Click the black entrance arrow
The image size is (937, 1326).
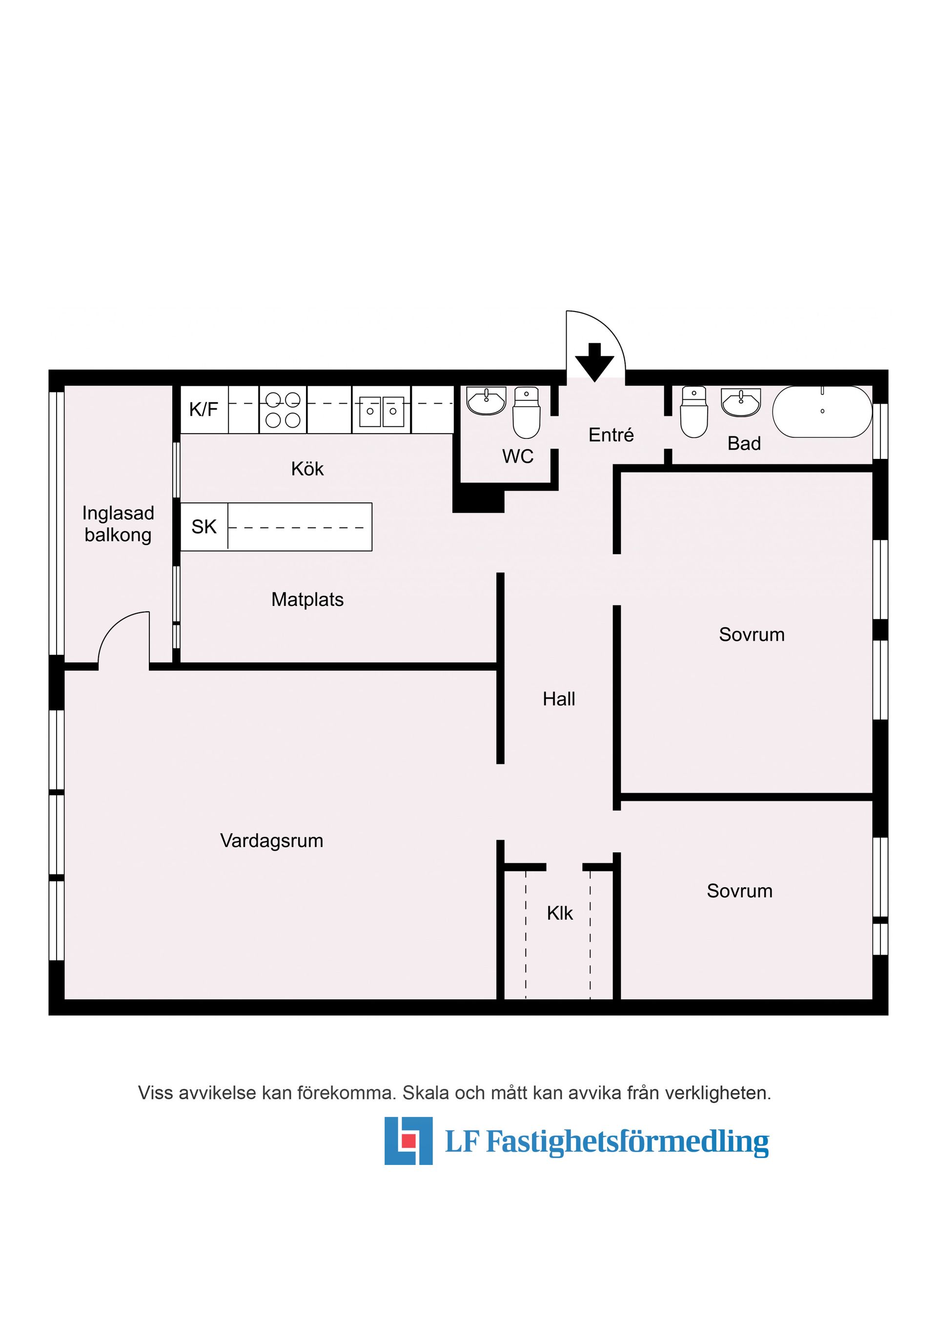[x=594, y=363]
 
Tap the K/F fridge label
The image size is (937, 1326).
[x=204, y=410]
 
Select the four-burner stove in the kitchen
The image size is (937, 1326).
[x=283, y=410]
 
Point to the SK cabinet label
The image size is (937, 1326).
[x=204, y=527]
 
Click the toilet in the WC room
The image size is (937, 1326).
[x=526, y=413]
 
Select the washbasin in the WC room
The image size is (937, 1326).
[x=487, y=400]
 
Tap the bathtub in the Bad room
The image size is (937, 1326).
[x=822, y=411]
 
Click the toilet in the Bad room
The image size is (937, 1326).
[x=694, y=412]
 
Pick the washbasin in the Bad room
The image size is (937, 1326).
[x=741, y=401]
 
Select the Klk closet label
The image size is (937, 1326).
[x=559, y=913]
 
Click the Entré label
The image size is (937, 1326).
[x=611, y=435]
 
